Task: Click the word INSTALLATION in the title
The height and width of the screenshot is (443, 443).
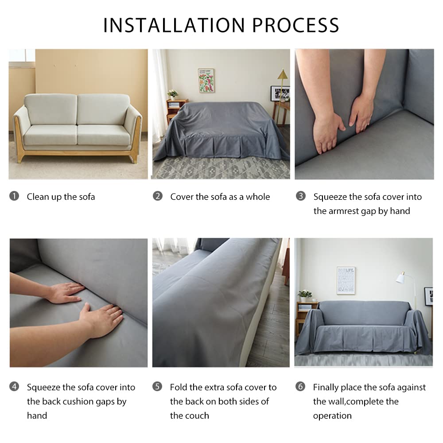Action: [174, 25]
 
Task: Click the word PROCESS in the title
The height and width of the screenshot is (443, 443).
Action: [295, 25]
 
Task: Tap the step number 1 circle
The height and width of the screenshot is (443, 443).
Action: [14, 196]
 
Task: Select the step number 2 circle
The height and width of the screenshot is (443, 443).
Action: [158, 196]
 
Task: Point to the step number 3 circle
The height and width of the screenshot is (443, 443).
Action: [301, 196]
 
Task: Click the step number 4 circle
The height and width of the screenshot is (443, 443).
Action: [14, 386]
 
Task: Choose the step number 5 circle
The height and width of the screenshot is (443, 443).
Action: [157, 386]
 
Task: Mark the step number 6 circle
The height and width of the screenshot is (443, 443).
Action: [300, 386]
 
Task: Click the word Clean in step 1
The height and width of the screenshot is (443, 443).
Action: [38, 197]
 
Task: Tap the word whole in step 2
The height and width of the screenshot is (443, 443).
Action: [258, 197]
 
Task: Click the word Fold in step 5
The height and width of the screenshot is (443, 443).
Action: [179, 387]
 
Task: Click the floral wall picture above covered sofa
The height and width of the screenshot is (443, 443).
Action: [206, 81]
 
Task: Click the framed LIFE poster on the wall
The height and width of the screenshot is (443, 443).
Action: [346, 280]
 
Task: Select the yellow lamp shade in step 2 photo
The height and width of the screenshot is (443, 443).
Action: [283, 74]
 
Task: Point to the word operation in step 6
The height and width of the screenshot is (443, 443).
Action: [332, 416]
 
